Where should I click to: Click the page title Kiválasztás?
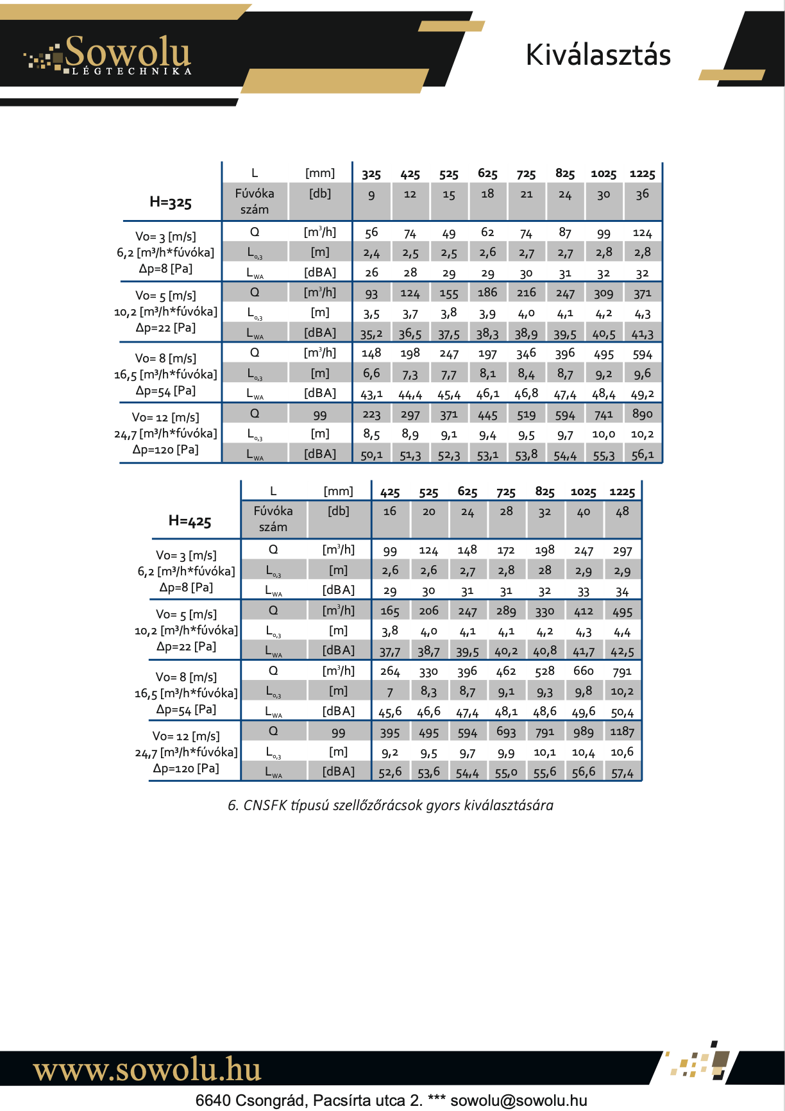coord(598,55)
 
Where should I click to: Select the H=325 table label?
coord(171,202)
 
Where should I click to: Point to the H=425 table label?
coord(190,521)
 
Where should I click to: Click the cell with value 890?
coord(642,414)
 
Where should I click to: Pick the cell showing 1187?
coord(622,732)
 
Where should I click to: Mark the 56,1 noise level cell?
coord(642,455)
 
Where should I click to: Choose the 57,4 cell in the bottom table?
coord(622,773)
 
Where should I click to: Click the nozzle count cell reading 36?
coord(642,194)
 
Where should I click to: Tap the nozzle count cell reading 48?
coord(622,512)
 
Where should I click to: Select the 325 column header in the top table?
coord(371,174)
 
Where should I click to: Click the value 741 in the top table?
coord(604,414)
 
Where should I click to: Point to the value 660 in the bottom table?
coord(584,671)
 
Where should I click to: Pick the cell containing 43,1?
coord(371,394)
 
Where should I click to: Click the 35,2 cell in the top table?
coord(371,334)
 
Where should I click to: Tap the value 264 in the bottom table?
coord(390,672)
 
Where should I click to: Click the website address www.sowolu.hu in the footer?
coord(147,1070)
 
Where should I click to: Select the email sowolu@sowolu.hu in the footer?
coord(519,1101)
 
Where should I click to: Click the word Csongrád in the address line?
coord(271,1101)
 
